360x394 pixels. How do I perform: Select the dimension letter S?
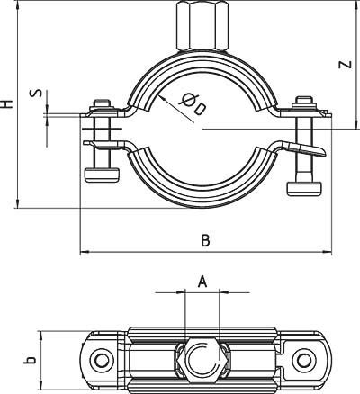34,95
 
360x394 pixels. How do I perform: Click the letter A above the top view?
203,282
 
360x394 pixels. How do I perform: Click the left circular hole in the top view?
102,362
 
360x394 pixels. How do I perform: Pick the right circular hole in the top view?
302,362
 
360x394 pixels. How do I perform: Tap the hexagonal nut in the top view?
202,362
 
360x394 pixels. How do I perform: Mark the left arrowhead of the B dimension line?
84,251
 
